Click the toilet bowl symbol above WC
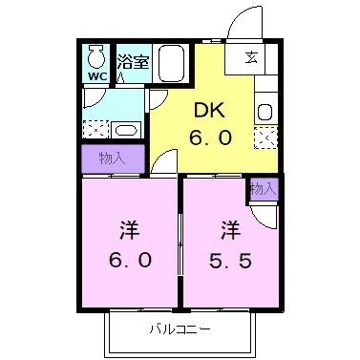96,53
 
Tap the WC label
96,74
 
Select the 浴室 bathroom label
132,62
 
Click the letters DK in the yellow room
210,109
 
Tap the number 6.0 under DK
210,138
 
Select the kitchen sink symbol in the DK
265,110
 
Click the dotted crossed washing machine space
95,129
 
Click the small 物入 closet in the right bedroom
263,191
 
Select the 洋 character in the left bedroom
129,230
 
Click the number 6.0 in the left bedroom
129,261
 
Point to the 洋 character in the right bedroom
230,230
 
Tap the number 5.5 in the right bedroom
230,261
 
